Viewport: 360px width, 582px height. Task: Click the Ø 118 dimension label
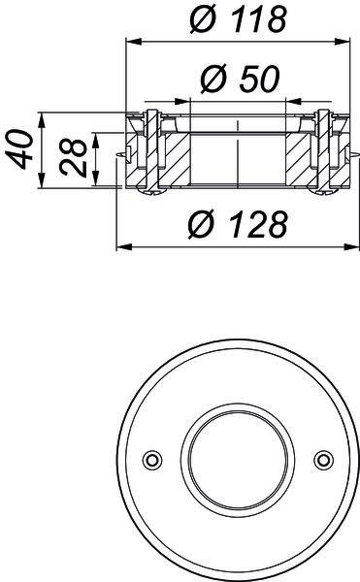click(x=238, y=18)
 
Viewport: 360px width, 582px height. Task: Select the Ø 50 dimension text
click(x=240, y=79)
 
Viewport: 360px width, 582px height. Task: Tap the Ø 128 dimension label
click(x=238, y=224)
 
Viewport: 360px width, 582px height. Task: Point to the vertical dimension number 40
click(x=18, y=149)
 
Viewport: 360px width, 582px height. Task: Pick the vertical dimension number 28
click(x=73, y=156)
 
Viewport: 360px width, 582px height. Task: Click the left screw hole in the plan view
click(x=152, y=460)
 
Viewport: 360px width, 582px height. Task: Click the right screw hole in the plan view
click(x=324, y=460)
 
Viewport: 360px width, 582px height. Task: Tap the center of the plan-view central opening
click(x=238, y=460)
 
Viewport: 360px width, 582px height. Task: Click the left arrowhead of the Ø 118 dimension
click(x=134, y=42)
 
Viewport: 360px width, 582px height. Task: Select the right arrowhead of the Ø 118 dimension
click(x=342, y=42)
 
